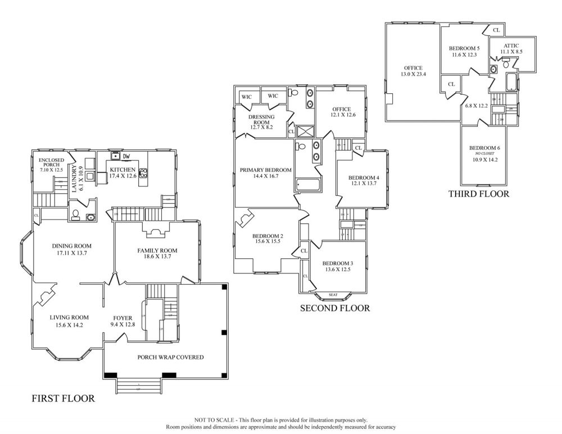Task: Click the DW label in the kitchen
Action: (x=127, y=157)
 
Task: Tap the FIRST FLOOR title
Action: (x=62, y=399)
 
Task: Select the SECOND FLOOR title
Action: (x=335, y=308)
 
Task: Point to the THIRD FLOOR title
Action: (x=478, y=194)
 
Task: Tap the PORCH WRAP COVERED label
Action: (x=170, y=357)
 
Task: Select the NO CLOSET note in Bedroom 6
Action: (x=484, y=153)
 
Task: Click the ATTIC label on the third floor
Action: (x=511, y=45)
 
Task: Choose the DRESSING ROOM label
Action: (x=261, y=120)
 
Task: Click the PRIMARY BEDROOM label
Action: (x=265, y=170)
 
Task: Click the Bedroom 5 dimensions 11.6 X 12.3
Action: (x=464, y=55)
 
